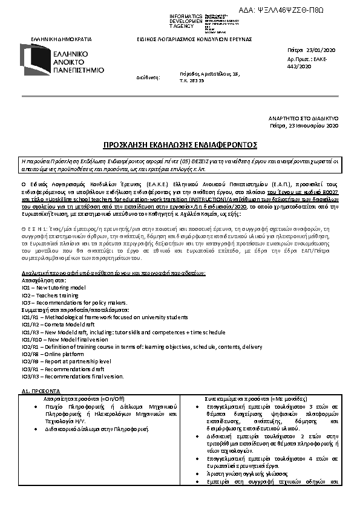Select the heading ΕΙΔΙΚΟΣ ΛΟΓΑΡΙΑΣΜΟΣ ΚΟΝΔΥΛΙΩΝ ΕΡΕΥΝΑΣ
[194, 39]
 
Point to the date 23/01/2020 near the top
[324, 50]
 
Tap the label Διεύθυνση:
[148, 77]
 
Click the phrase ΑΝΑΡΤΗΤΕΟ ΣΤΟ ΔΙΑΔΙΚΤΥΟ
[303, 118]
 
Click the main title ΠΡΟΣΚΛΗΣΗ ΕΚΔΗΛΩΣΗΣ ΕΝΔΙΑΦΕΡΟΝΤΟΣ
[180, 146]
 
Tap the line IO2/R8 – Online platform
[54, 354]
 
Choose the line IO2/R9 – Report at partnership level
[67, 361]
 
